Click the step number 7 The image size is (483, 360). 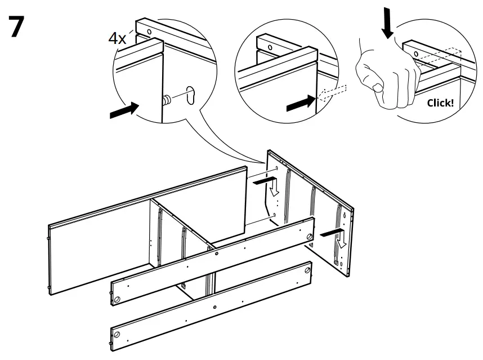click(x=17, y=28)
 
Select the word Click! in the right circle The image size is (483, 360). click(x=440, y=103)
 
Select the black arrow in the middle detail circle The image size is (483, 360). click(x=300, y=103)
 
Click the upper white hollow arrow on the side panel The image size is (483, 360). click(x=274, y=189)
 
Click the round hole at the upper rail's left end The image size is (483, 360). click(x=117, y=299)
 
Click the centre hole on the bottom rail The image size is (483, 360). click(x=216, y=306)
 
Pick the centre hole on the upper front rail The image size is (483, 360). click(x=216, y=254)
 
